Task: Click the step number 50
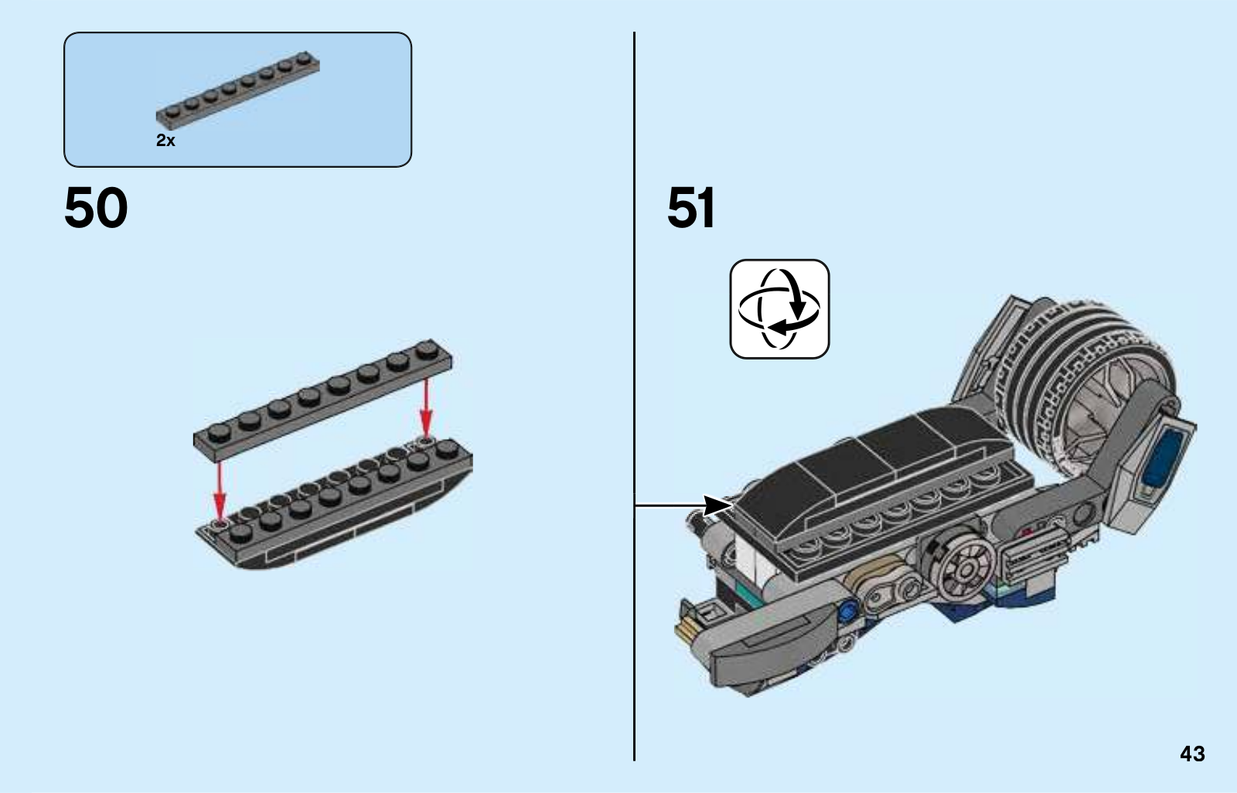pyautogui.click(x=96, y=208)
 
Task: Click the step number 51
pyautogui.click(x=691, y=208)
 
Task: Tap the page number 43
pyautogui.click(x=1192, y=754)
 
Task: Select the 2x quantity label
pyautogui.click(x=165, y=141)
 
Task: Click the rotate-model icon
pyautogui.click(x=779, y=309)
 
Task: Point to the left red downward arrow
pyautogui.click(x=220, y=491)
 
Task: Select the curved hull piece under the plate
pyautogui.click(x=332, y=526)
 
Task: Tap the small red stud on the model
pyautogui.click(x=1027, y=533)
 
